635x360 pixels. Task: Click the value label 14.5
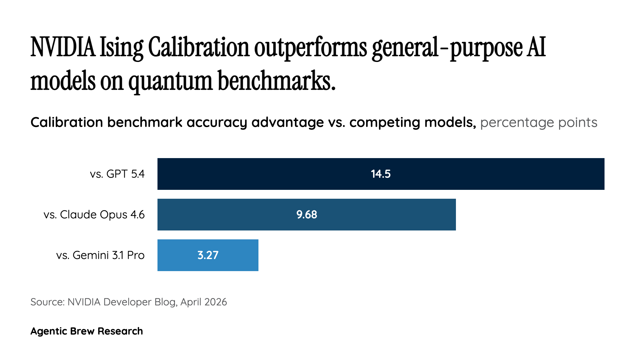pyautogui.click(x=381, y=174)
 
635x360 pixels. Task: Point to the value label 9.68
pyautogui.click(x=307, y=215)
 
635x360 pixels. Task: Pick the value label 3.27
pyautogui.click(x=208, y=255)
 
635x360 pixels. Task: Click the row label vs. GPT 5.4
pyautogui.click(x=117, y=174)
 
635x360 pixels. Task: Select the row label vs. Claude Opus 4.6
pyautogui.click(x=94, y=215)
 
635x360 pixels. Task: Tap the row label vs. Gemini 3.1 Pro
pyautogui.click(x=100, y=255)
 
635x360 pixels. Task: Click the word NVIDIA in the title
pyautogui.click(x=63, y=48)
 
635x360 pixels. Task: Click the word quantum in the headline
pyautogui.click(x=170, y=82)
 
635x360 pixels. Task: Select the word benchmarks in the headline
pyautogui.click(x=276, y=81)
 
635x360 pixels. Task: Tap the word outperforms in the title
pyautogui.click(x=310, y=48)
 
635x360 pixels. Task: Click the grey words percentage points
pyautogui.click(x=538, y=123)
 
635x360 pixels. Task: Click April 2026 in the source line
pyautogui.click(x=204, y=302)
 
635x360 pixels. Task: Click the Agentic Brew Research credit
pyautogui.click(x=87, y=331)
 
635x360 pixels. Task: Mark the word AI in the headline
pyautogui.click(x=536, y=48)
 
